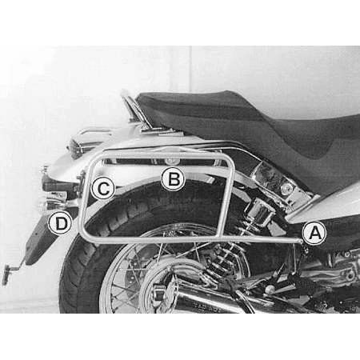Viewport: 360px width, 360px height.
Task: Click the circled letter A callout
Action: click(314, 233)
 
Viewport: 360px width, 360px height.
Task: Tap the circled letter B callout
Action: click(173, 178)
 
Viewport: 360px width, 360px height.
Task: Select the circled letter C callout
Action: click(103, 188)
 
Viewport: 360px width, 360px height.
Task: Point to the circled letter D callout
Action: click(61, 222)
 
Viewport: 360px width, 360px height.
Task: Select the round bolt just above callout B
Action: click(169, 161)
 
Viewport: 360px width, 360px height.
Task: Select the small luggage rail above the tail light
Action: click(94, 131)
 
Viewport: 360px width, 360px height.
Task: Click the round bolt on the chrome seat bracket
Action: click(286, 189)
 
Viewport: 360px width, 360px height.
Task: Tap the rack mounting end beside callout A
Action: click(301, 242)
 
